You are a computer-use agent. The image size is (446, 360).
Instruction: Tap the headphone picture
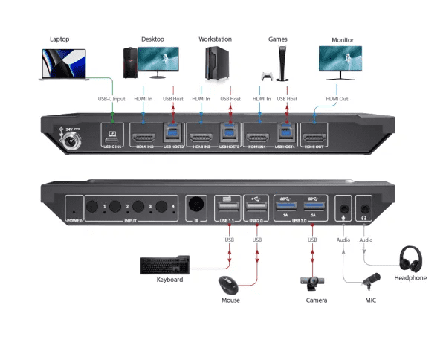click(x=410, y=260)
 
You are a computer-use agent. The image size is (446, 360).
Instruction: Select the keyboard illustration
click(x=166, y=265)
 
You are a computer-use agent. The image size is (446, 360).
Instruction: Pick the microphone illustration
click(x=370, y=281)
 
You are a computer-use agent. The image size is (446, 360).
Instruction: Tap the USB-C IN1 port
click(x=112, y=137)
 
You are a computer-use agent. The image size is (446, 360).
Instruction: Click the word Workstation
click(x=216, y=39)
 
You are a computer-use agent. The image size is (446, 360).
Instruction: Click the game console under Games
click(x=281, y=63)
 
